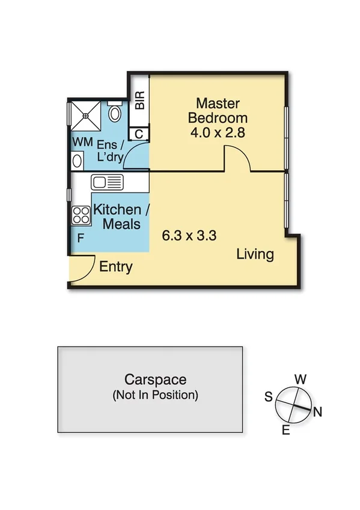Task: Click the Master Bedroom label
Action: pyautogui.click(x=217, y=110)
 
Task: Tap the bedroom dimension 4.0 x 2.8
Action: pyautogui.click(x=217, y=133)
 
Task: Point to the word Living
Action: pyautogui.click(x=255, y=254)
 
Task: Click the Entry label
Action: pyautogui.click(x=115, y=267)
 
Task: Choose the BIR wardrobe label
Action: pyautogui.click(x=139, y=100)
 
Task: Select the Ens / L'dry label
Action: pyautogui.click(x=111, y=152)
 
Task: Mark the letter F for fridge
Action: pyautogui.click(x=80, y=238)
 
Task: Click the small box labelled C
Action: pyautogui.click(x=139, y=134)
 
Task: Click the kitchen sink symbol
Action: pyautogui.click(x=107, y=181)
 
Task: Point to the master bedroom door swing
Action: pyautogui.click(x=238, y=159)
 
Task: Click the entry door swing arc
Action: pyautogui.click(x=85, y=266)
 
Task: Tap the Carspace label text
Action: pyautogui.click(x=155, y=380)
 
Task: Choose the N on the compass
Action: pyautogui.click(x=318, y=412)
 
